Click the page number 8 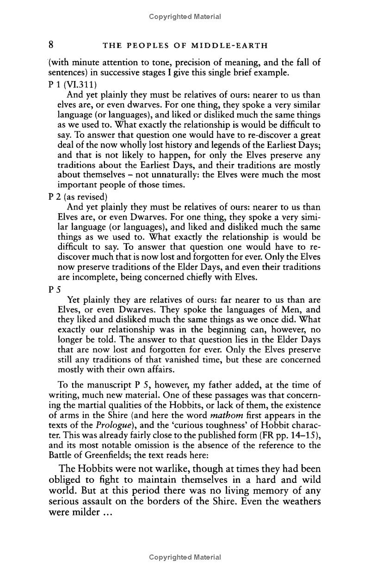click(53, 45)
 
